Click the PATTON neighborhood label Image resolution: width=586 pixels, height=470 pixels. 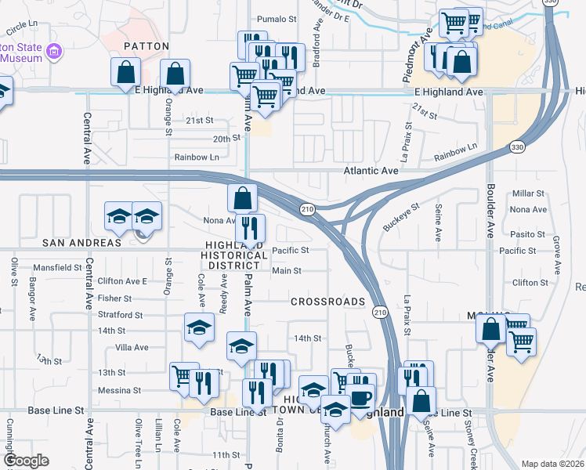coord(146,46)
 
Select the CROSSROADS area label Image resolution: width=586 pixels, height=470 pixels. coord(327,302)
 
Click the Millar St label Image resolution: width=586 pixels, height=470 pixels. coord(526,193)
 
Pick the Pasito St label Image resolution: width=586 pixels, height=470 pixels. coord(526,234)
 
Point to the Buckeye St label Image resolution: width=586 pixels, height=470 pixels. coord(401,217)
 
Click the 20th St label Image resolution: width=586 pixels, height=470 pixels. coord(225,138)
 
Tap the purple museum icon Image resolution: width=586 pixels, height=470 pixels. coord(54,52)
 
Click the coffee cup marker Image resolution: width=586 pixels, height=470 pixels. coord(361,397)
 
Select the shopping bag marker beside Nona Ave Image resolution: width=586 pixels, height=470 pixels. coord(243,199)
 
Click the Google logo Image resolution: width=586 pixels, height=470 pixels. coord(27,461)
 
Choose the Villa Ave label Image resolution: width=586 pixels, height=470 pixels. coord(131,347)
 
